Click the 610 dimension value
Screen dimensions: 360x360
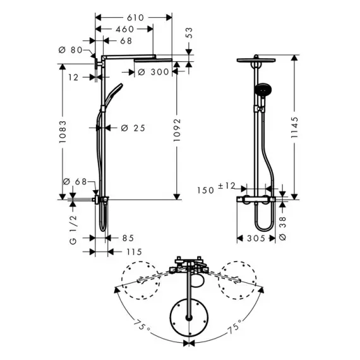point(135,18)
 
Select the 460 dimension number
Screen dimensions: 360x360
point(125,29)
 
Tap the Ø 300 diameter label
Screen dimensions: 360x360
point(153,72)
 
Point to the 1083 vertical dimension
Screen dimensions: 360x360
point(63,132)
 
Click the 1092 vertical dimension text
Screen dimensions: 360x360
point(177,130)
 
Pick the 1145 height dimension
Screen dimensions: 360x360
point(294,128)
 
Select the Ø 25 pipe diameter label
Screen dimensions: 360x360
point(133,128)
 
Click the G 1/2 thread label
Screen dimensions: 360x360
point(73,230)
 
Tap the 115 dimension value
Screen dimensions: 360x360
point(135,252)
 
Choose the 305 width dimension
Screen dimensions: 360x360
point(256,238)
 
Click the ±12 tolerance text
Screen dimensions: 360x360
point(227,186)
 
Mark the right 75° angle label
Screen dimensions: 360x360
point(236,325)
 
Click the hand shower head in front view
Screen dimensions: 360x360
point(263,89)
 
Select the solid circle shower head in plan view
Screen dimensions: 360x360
point(189,317)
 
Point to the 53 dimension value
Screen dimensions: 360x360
point(189,33)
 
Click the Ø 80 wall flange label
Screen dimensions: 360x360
point(71,50)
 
